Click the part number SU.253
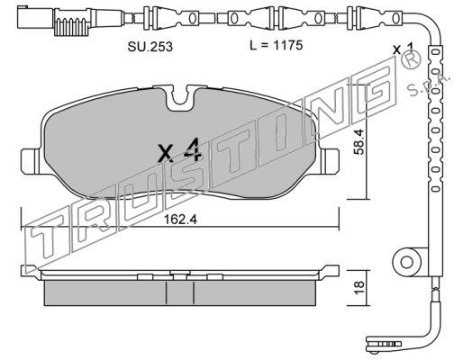(x=150, y=47)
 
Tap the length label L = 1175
(x=277, y=46)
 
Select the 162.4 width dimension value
(x=180, y=220)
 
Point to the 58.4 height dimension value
(x=359, y=141)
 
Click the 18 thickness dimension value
(x=359, y=288)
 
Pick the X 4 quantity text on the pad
(x=179, y=150)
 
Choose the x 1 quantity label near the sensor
(x=404, y=49)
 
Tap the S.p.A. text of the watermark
(x=429, y=83)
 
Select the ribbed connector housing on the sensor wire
(x=71, y=22)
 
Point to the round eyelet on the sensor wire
(x=407, y=262)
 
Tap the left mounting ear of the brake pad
(x=30, y=161)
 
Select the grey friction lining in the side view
(x=180, y=293)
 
